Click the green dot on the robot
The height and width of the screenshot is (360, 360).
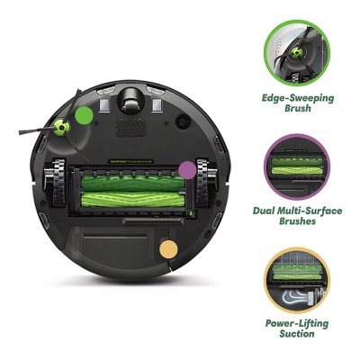coord(84,115)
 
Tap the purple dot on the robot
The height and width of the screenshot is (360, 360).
coord(187,168)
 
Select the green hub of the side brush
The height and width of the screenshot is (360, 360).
coord(63,127)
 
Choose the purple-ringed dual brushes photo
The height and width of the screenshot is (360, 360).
coord(296,167)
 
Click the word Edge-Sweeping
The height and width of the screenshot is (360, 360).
coord(296,97)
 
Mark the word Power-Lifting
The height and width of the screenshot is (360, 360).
coord(296,322)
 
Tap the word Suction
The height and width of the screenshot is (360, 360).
coord(296,335)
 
